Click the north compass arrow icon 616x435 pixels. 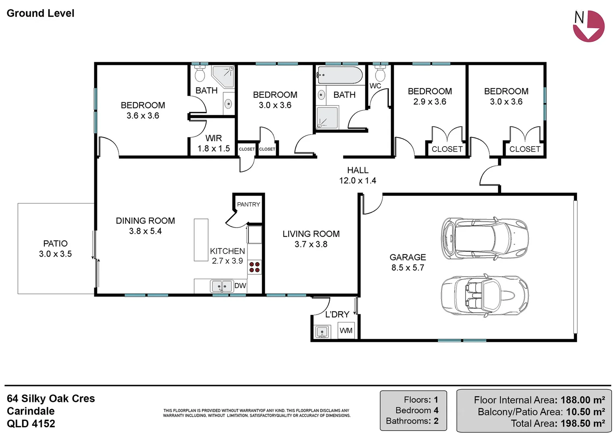coord(589,26)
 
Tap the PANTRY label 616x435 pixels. coord(248,205)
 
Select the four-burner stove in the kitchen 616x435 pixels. coord(254,267)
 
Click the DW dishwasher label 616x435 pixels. coord(240,286)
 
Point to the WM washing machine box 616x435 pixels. coord(346,330)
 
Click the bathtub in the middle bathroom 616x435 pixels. coord(339,75)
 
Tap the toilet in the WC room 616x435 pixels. coord(380,73)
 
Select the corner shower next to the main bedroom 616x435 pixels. coord(223,76)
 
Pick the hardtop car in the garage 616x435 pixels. coord(485,238)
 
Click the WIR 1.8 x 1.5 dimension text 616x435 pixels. coord(214,149)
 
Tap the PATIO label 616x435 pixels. coord(55,243)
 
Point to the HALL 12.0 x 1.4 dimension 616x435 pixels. coord(358,180)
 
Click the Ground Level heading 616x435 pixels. coord(40,13)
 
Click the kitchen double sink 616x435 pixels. coord(222,286)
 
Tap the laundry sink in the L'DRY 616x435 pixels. coord(322,332)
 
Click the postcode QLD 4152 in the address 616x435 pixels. coord(31,424)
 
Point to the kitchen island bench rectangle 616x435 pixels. coord(201,240)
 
